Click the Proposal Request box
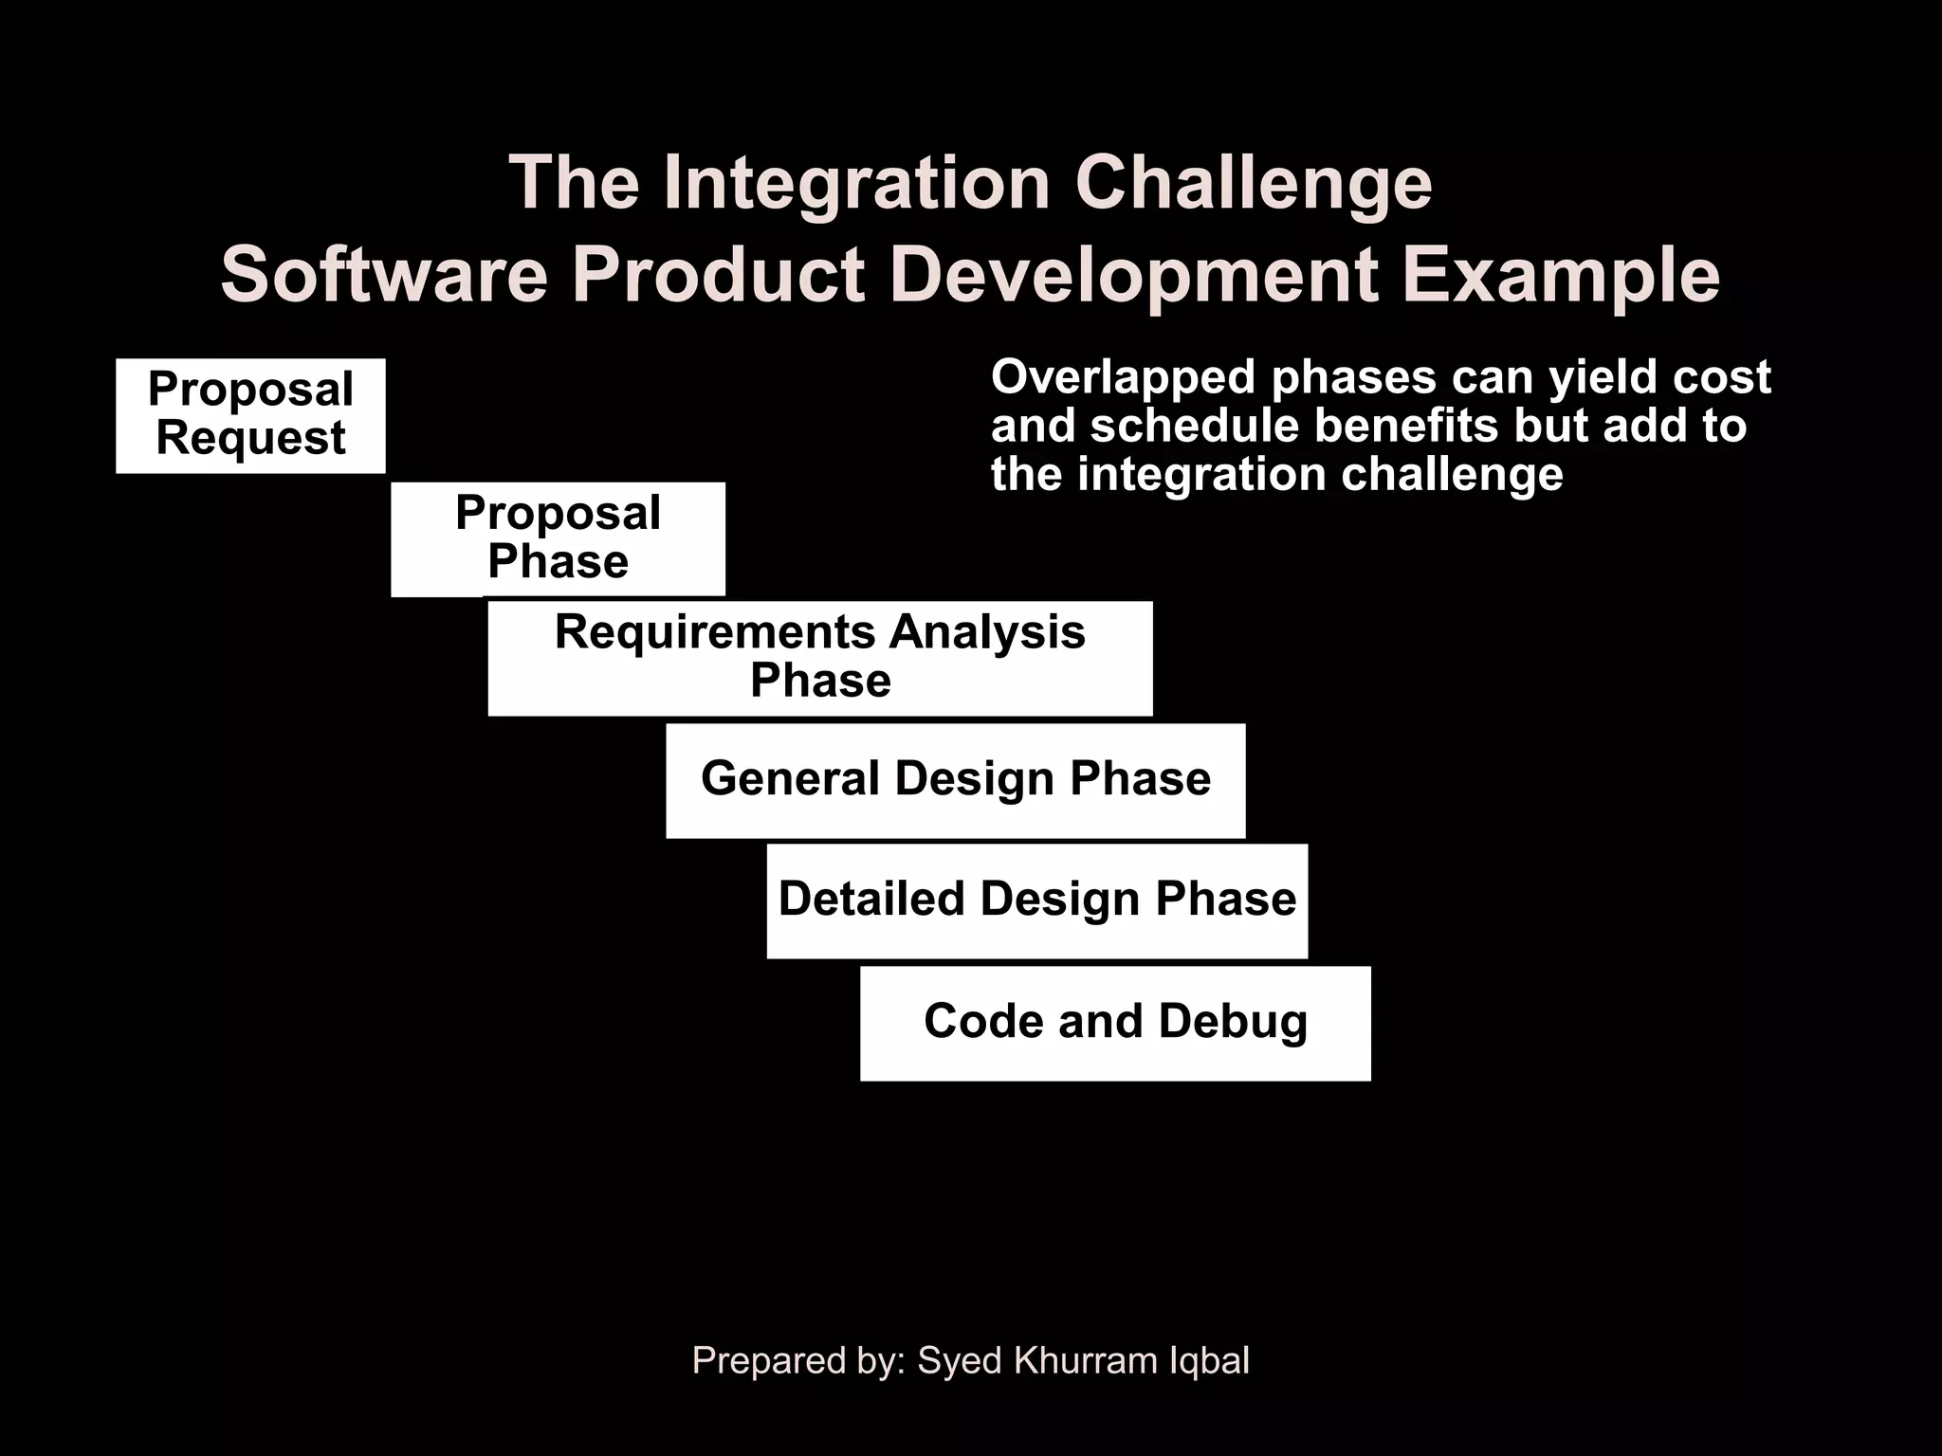click(250, 415)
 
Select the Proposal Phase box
click(558, 538)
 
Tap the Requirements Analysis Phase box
click(820, 658)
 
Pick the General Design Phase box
click(955, 780)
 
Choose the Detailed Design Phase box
click(1036, 901)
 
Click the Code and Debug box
click(1115, 1023)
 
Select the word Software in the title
click(385, 275)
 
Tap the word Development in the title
click(1133, 275)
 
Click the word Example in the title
click(1561, 275)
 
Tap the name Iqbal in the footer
click(1209, 1360)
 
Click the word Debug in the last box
click(1232, 1022)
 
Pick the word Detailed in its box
click(871, 899)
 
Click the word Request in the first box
click(250, 439)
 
